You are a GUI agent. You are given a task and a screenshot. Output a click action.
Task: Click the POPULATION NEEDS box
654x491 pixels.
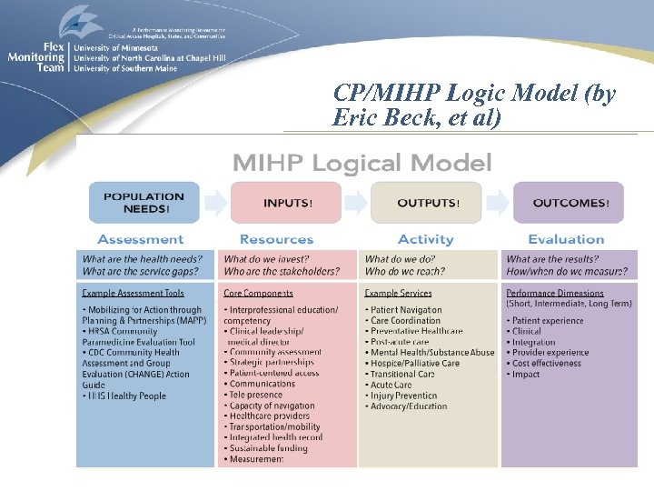(144, 202)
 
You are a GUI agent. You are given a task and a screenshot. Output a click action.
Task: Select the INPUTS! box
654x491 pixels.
(286, 202)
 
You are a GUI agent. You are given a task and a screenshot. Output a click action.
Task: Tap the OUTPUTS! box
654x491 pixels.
(427, 202)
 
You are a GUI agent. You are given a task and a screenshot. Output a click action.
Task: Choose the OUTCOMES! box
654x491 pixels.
(569, 202)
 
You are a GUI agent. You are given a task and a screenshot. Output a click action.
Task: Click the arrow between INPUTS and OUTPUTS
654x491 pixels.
(356, 202)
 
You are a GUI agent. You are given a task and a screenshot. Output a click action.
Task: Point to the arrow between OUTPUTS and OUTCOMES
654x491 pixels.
(498, 202)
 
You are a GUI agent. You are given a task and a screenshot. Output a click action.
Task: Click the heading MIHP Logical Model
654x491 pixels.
(362, 163)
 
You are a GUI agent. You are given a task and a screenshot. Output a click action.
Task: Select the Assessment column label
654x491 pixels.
(140, 239)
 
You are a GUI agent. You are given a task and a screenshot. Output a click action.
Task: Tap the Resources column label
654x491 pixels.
(276, 239)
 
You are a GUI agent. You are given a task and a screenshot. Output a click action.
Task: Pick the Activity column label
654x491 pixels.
(425, 239)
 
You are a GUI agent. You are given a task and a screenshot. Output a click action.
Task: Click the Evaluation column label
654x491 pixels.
(566, 239)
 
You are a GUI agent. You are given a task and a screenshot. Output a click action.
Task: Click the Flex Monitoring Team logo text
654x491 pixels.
(36, 56)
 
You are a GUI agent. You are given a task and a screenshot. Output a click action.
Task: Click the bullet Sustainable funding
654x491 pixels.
(268, 448)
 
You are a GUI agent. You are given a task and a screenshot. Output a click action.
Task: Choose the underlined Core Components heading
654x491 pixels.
(259, 294)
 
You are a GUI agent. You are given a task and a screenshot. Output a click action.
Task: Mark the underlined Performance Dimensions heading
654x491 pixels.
(554, 294)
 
